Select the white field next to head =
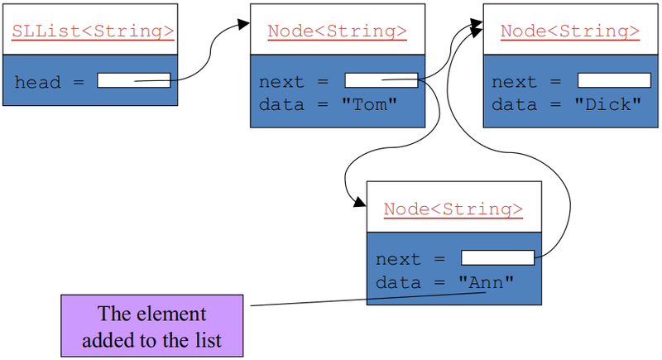[x=133, y=80]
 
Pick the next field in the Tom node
[x=381, y=80]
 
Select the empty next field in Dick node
[x=614, y=80]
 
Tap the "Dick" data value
[x=609, y=104]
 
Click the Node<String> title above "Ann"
[x=453, y=209]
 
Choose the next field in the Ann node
[x=497, y=257]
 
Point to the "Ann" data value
[x=487, y=281]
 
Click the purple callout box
[x=152, y=326]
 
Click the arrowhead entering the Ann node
[x=359, y=203]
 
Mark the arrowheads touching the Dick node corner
[x=477, y=27]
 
